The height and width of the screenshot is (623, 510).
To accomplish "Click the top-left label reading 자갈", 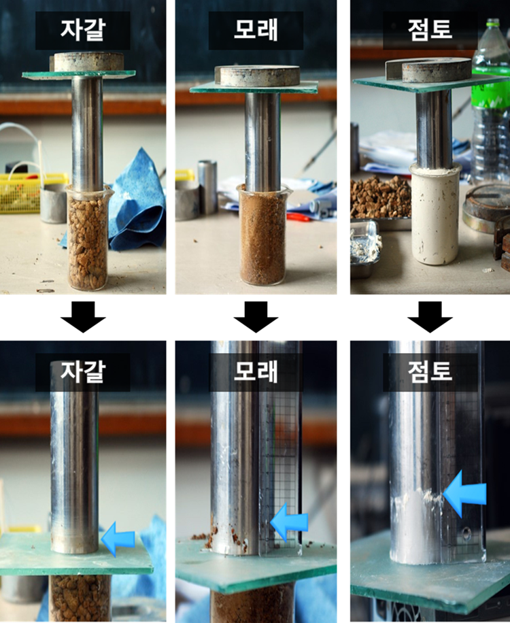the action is (x=82, y=30).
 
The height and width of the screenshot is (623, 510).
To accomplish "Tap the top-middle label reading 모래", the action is (x=256, y=30).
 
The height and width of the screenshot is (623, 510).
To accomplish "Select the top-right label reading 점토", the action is (x=430, y=30).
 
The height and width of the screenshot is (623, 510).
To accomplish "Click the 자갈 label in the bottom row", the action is (x=82, y=371).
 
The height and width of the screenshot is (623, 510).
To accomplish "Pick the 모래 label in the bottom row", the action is (x=256, y=371).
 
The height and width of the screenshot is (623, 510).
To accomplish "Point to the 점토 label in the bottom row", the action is (x=430, y=371).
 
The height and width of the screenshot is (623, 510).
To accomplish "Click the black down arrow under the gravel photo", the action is (x=82, y=317).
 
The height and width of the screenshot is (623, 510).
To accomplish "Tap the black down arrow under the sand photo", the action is (x=256, y=317).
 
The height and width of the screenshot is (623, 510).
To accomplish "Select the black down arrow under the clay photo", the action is (x=430, y=317).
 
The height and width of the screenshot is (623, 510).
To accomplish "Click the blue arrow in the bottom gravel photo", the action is (x=118, y=539).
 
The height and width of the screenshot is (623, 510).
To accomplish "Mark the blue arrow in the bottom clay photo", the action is (x=464, y=494).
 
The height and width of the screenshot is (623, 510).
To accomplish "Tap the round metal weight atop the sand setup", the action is (x=257, y=76).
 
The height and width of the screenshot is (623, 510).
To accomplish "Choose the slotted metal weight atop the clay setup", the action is (x=429, y=70).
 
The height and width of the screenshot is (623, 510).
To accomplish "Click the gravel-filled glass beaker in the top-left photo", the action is (x=88, y=237).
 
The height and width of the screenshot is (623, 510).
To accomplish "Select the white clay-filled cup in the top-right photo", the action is (x=435, y=214).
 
